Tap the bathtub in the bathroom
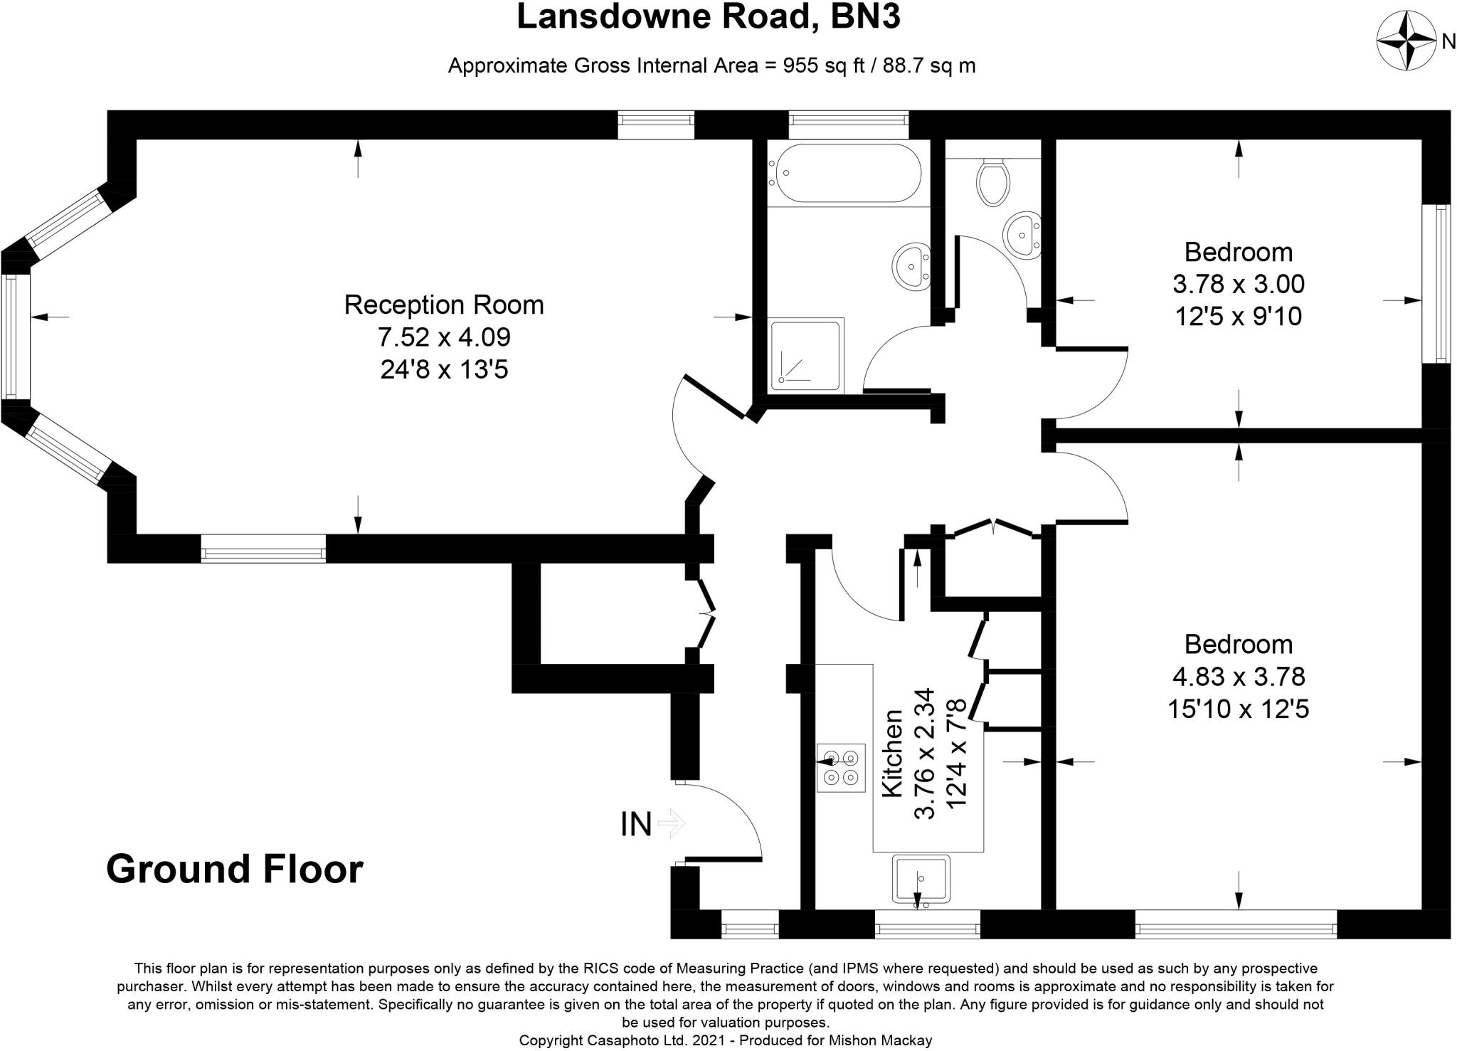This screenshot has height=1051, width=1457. (x=844, y=173)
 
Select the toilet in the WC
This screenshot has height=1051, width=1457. (x=992, y=181)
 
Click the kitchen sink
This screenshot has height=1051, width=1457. (x=921, y=880)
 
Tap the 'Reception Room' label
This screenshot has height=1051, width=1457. (x=444, y=305)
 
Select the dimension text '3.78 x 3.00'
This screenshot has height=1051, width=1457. (x=1239, y=284)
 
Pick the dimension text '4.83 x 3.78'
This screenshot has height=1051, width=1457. (x=1239, y=676)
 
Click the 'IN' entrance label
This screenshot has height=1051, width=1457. (x=636, y=825)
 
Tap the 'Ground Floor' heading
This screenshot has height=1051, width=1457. (x=234, y=869)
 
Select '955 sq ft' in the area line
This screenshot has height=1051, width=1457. (x=823, y=65)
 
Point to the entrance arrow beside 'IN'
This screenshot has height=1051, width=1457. (x=671, y=824)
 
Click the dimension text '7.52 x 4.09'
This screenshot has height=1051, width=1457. (x=444, y=337)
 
